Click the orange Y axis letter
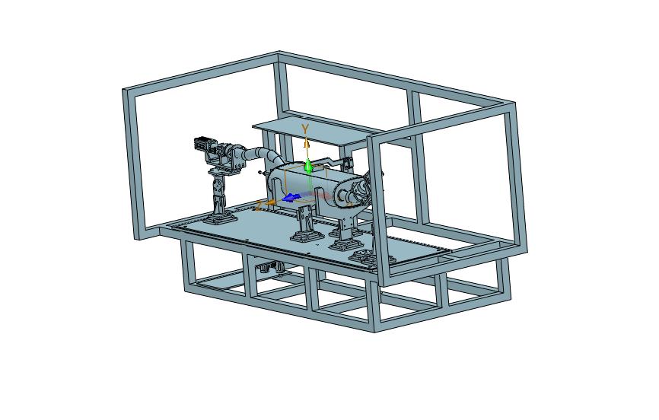pos(305,129)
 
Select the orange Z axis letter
pos(259,205)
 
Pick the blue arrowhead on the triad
pos(291,197)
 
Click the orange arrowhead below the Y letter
pos(307,143)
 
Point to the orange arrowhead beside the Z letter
pos(271,202)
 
